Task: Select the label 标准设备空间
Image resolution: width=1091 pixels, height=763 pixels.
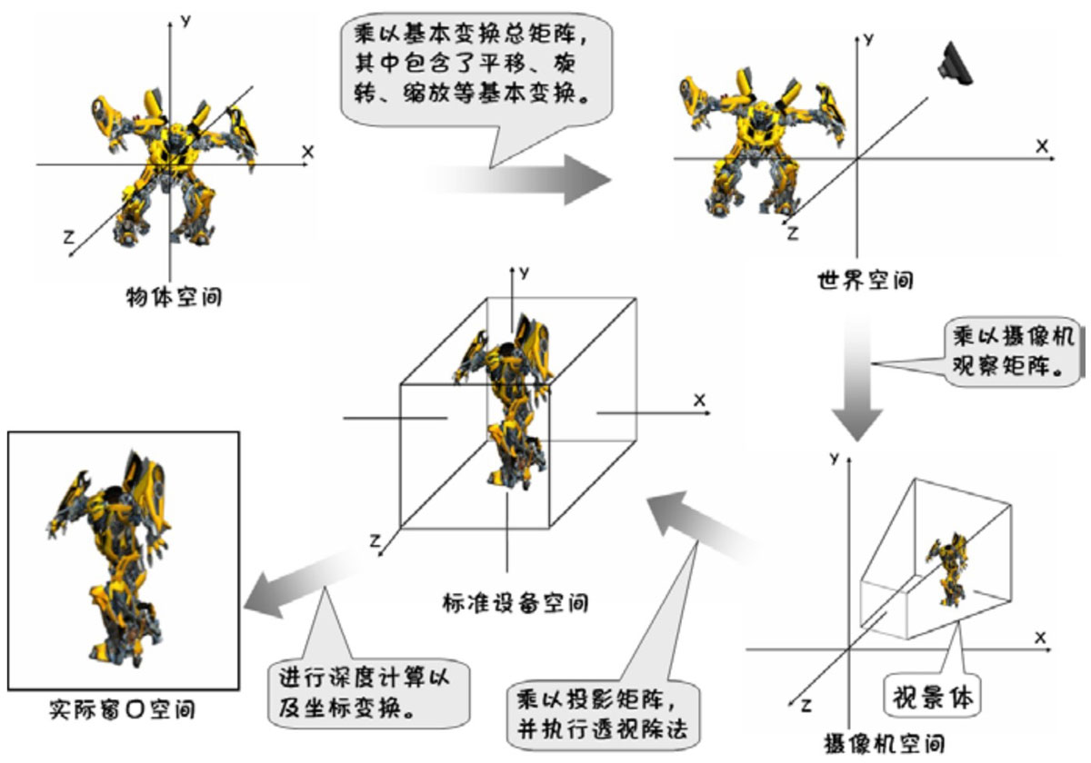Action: [x=515, y=602]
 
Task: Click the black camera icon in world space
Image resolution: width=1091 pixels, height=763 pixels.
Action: [x=956, y=65]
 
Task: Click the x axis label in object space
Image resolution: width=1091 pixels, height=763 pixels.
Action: [x=307, y=152]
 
